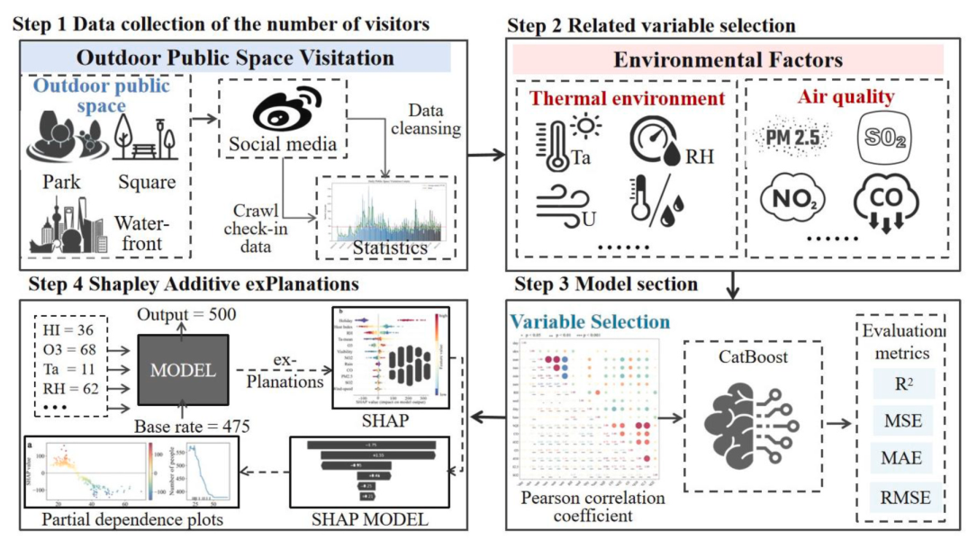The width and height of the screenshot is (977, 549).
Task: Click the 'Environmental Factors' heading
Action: point(728,61)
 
